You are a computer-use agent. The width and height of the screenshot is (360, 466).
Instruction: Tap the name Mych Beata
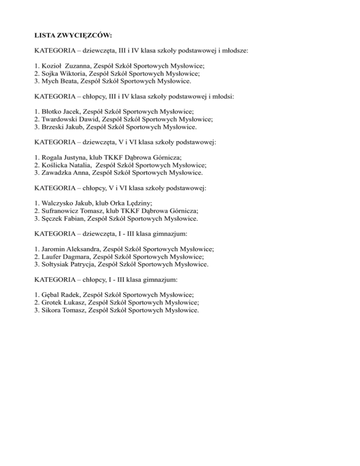click(59, 81)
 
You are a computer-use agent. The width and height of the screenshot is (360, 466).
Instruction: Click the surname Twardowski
click(61, 120)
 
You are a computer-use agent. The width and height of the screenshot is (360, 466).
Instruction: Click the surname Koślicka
click(56, 165)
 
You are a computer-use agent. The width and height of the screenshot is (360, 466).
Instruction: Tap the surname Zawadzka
click(58, 173)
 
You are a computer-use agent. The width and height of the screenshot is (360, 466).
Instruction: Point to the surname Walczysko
click(59, 203)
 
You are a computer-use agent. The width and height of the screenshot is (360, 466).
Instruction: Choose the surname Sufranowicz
click(62, 211)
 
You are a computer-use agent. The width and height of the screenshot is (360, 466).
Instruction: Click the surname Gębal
click(52, 295)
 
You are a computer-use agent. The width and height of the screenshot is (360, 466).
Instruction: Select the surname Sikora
click(52, 310)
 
